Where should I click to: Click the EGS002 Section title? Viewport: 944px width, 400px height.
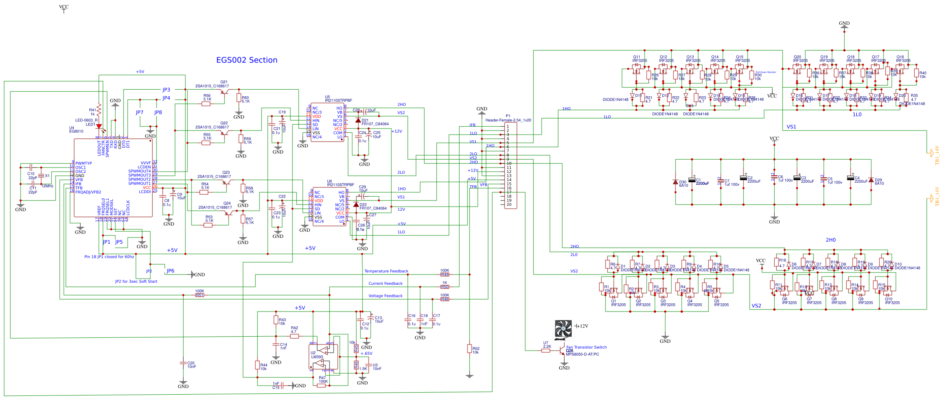coord(247,60)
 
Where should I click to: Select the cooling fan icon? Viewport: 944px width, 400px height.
coord(563,329)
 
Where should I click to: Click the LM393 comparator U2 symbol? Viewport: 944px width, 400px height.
coord(324,357)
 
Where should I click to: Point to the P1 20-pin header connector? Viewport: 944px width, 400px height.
coord(511,165)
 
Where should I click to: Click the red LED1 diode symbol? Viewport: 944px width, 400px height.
coord(99,126)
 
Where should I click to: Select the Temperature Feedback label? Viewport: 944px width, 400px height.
coord(386,271)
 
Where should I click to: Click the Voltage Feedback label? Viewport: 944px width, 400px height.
coord(385,296)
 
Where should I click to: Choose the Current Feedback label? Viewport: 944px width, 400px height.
coord(386,284)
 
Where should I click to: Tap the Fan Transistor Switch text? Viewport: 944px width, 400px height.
coord(586,347)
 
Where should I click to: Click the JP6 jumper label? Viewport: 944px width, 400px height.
coord(170,271)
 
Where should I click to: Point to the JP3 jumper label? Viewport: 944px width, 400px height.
coord(166,90)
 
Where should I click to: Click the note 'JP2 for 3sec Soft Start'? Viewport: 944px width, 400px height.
coord(136,281)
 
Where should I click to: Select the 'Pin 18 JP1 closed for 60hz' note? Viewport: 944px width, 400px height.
coord(109,257)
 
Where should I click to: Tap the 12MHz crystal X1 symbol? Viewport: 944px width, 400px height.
coord(41,176)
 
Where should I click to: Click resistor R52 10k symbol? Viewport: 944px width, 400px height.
coord(469,349)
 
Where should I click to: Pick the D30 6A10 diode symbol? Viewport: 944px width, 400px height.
coord(675,182)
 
